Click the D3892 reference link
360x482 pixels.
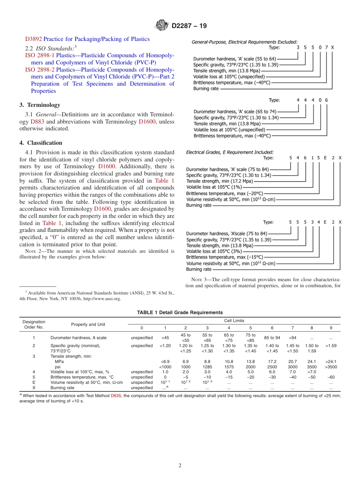pos(33,39)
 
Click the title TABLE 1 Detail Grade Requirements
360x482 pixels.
pos(180,312)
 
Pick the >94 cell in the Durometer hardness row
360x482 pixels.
pos(293,338)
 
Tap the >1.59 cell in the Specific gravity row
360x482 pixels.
pos(330,346)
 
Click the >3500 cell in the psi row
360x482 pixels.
pos(330,367)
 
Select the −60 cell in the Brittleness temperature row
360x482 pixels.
pos(330,377)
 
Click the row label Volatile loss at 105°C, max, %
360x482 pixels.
pos(80,372)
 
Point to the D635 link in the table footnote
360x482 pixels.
pos(115,395)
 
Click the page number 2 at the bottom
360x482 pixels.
pos(180,466)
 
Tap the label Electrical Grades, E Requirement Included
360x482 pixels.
pos(230,152)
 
